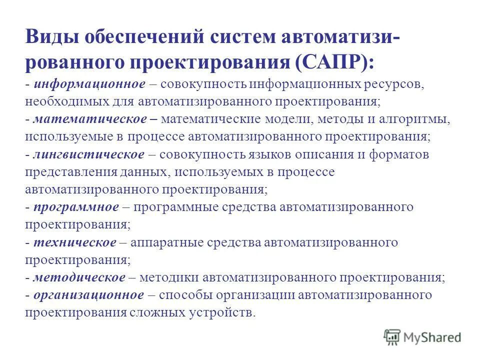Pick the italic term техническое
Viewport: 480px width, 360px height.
coord(75,242)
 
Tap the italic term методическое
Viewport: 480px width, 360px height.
coord(79,277)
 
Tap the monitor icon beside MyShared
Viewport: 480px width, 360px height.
coord(392,336)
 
